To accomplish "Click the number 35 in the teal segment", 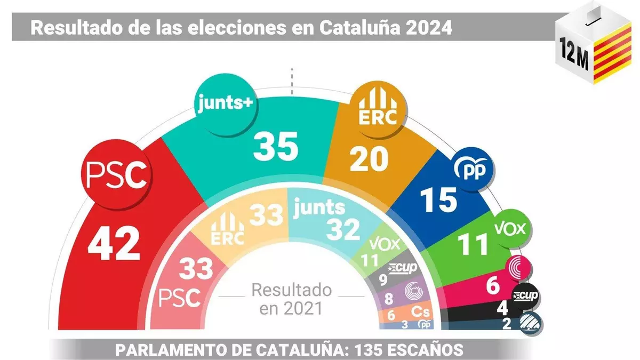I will tap(276, 148).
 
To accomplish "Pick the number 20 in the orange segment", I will tap(369, 159).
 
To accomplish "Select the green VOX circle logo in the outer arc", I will tap(511, 229).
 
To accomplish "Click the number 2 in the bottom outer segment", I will tap(507, 323).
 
